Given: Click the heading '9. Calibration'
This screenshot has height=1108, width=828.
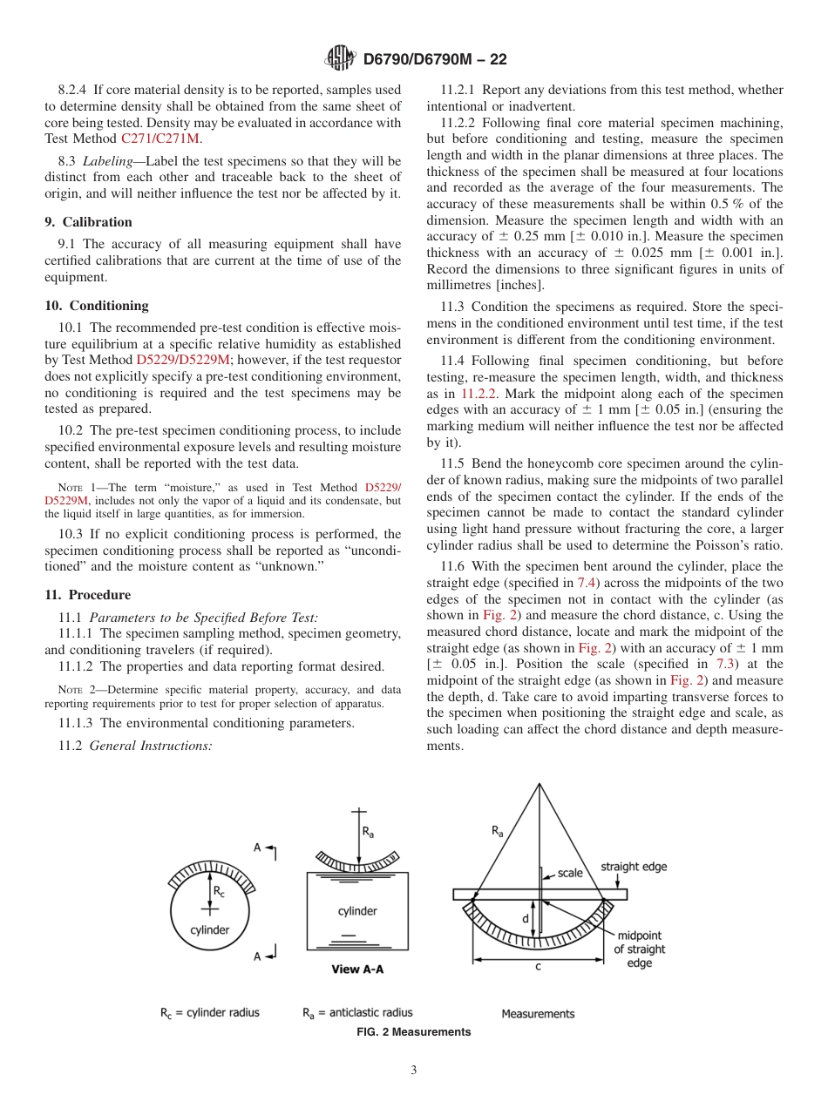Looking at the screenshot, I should [88, 222].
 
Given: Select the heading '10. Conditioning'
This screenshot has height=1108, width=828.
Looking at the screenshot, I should [97, 306].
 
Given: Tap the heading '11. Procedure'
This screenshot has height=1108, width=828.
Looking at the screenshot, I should [87, 595].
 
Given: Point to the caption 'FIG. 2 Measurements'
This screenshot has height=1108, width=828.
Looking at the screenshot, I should [414, 1032].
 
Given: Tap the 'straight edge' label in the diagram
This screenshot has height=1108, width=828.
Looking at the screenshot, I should [634, 867].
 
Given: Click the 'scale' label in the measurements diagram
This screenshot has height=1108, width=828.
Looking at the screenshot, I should [570, 873].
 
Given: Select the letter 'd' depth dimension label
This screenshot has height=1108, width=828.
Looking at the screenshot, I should [525, 918].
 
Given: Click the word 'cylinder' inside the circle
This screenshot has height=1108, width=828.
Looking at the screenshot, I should [210, 929].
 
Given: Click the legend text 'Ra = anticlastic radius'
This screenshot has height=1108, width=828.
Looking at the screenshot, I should [357, 1012].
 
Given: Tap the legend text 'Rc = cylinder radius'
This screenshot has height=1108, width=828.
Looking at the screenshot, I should [209, 1012].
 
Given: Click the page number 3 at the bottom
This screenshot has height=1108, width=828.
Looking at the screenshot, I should [414, 1071].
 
